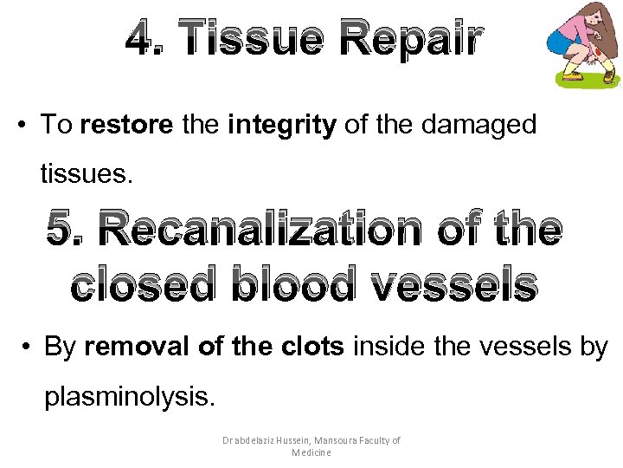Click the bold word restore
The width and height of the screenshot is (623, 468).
tap(126, 125)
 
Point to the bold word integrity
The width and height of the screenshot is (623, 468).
tap(282, 125)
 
